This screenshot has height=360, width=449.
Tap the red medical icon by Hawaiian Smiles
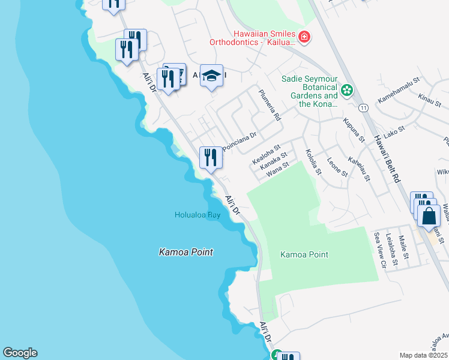[x=304, y=37]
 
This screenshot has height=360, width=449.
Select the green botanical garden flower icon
[x=346, y=91]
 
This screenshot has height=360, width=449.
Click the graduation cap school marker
[x=211, y=76]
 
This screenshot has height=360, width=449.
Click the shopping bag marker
[x=429, y=215]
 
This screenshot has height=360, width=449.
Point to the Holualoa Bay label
[x=197, y=215]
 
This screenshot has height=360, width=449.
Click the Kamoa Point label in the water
[x=186, y=252]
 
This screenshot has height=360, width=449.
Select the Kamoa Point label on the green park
[x=304, y=254]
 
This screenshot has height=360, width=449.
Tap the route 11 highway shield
[x=363, y=108]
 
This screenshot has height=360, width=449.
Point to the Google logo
[x=20, y=353]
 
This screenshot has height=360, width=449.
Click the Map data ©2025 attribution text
[x=424, y=355]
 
